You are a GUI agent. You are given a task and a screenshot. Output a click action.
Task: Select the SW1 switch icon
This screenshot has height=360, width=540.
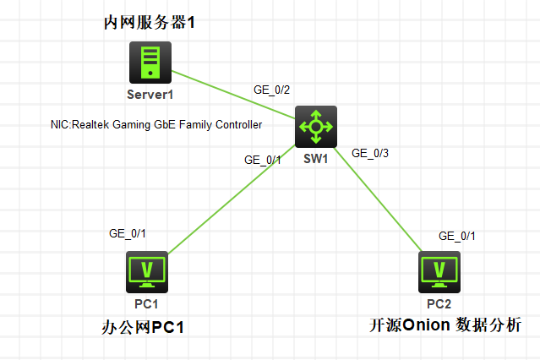pyautogui.click(x=317, y=127)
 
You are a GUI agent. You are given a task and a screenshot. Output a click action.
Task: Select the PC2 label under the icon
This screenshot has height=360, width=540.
pyautogui.click(x=439, y=303)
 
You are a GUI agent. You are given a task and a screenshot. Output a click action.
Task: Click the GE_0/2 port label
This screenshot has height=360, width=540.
pyautogui.click(x=272, y=89)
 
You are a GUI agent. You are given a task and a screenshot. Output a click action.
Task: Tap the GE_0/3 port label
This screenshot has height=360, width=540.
pyautogui.click(x=370, y=153)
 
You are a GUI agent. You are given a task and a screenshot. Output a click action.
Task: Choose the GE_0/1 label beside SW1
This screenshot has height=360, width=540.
pyautogui.click(x=262, y=159)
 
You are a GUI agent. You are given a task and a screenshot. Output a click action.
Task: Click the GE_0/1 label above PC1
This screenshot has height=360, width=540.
pyautogui.click(x=128, y=232)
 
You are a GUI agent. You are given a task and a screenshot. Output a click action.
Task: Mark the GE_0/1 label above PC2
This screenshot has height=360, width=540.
pyautogui.click(x=457, y=236)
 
